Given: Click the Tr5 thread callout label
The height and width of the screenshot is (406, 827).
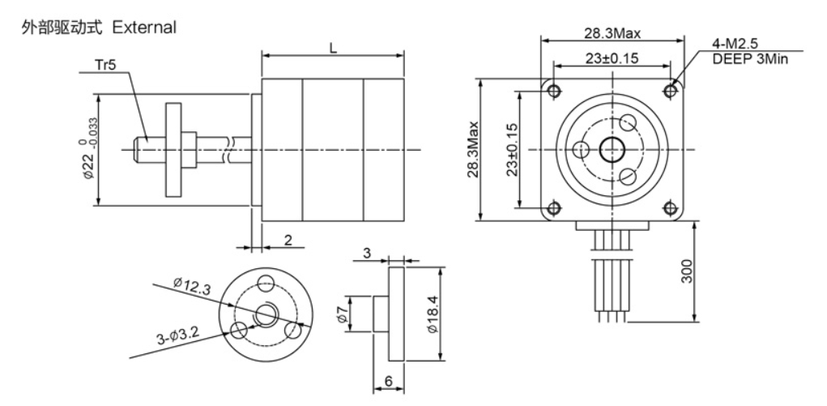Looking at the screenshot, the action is coord(105,64).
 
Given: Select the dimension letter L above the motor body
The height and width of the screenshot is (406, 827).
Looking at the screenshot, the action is coord(333,48).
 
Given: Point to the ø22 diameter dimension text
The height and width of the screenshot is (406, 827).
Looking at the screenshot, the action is coord(88,153).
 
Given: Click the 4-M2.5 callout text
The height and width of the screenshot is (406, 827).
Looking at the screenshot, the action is coord(735,44).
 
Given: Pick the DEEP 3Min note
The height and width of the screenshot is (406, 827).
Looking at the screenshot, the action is coord(750,58).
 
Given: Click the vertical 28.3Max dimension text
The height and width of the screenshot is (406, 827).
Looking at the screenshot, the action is coord(472,149).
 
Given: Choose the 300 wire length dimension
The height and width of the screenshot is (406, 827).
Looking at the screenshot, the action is coord(685,271).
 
